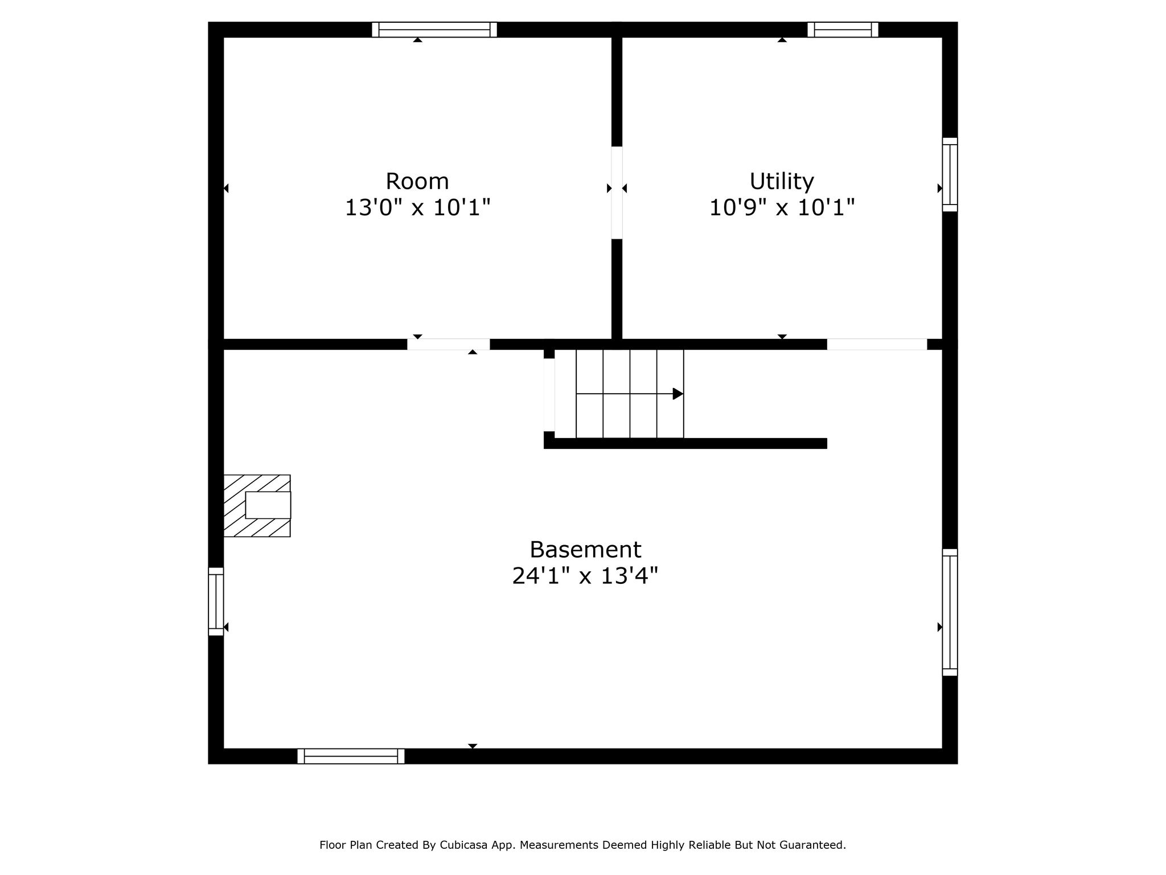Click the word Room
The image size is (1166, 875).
click(417, 182)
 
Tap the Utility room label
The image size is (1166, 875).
click(782, 182)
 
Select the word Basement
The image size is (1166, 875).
click(585, 550)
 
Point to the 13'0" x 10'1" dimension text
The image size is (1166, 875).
click(417, 207)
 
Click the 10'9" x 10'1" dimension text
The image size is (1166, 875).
click(782, 207)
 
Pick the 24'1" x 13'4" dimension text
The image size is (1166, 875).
click(585, 576)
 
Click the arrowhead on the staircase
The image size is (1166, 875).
click(678, 394)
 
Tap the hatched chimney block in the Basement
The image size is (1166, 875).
click(257, 506)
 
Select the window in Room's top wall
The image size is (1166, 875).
click(434, 30)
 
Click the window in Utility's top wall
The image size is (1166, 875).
click(843, 30)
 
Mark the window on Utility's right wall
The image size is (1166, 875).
click(950, 174)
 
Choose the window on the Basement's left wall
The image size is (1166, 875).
click(216, 602)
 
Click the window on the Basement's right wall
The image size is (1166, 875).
click(950, 612)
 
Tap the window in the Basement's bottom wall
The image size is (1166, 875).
click(351, 756)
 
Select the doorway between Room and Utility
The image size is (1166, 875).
click(617, 193)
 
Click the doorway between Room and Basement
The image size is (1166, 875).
click(448, 344)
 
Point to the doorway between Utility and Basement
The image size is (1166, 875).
click(877, 344)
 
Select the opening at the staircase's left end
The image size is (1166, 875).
click(549, 395)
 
